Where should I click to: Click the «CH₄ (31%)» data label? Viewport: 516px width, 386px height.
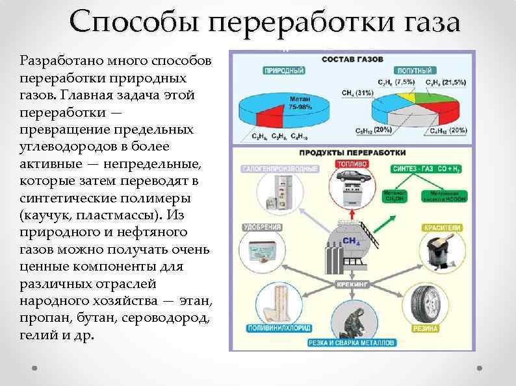point(357,93)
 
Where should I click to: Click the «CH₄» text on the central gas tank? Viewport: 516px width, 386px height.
point(350,241)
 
